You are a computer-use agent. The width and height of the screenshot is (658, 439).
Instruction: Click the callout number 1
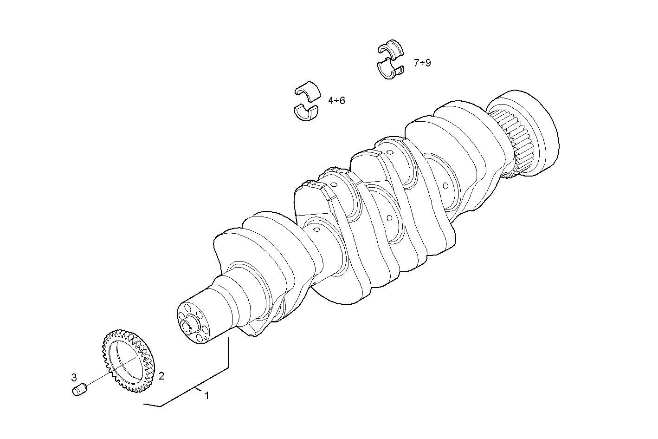[x=207, y=396]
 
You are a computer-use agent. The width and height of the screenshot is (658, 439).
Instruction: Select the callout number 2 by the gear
[x=161, y=375]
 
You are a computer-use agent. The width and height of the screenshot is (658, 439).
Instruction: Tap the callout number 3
[x=74, y=377]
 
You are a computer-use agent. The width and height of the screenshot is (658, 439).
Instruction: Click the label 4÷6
[x=336, y=100]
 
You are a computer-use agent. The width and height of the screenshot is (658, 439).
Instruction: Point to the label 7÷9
[x=422, y=63]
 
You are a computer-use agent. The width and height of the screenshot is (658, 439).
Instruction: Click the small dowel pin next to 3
[x=80, y=389]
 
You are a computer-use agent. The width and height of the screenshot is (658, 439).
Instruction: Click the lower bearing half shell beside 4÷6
[x=306, y=113]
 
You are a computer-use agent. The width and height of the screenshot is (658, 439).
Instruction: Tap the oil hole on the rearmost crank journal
[x=445, y=186]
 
